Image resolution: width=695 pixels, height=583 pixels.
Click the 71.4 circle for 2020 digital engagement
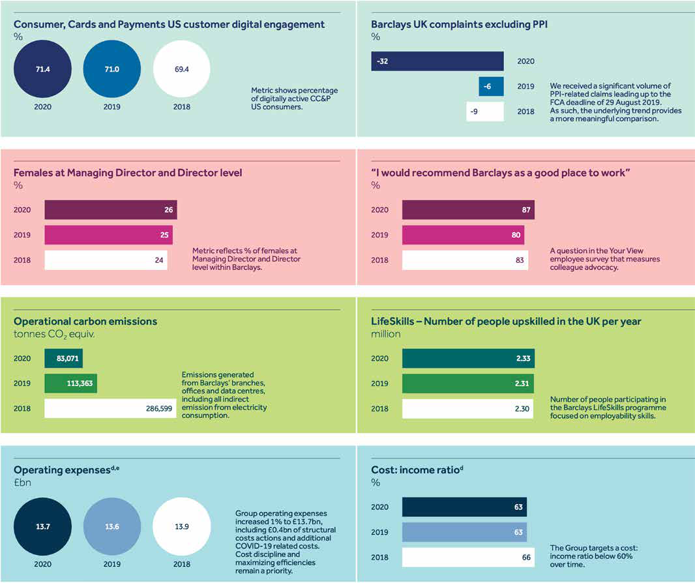[x=42, y=68]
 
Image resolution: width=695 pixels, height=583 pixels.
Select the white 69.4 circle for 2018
[x=181, y=68]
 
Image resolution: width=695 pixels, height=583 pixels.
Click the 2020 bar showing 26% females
[x=110, y=210]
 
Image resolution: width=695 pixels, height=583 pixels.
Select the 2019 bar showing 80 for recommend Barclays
[x=462, y=235]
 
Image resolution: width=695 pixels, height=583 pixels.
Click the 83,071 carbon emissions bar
[x=63, y=359]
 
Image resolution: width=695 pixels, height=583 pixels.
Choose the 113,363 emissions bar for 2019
[x=70, y=383]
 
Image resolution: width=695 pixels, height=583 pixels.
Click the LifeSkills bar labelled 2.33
[x=467, y=359]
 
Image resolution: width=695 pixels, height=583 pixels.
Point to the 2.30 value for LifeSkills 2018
[x=520, y=409]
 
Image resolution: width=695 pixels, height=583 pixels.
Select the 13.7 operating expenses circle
[x=42, y=526]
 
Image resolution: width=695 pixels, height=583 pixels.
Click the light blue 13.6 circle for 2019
[x=111, y=526]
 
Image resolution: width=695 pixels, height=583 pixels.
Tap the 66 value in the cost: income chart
[x=526, y=558]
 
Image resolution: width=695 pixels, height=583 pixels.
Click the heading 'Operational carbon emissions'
[x=85, y=321]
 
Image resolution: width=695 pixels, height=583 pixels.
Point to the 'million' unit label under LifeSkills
[x=385, y=334]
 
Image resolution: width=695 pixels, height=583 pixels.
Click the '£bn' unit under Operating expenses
[x=22, y=483]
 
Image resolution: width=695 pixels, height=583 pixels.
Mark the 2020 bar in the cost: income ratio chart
[x=464, y=507]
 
